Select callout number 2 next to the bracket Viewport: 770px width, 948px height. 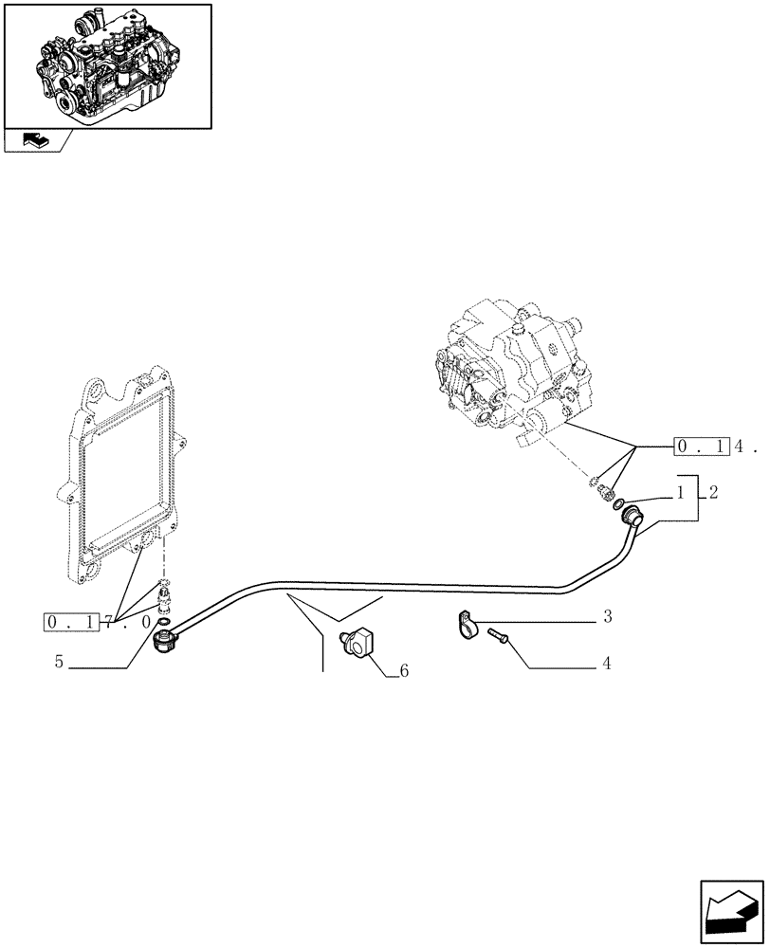[x=712, y=493]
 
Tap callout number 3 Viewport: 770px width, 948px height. [x=607, y=618]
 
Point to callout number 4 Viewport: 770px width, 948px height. [x=606, y=663]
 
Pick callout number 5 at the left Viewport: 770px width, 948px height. [x=59, y=663]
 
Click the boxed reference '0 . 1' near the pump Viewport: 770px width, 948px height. [x=701, y=446]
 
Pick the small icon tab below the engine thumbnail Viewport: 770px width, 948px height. [x=35, y=142]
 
